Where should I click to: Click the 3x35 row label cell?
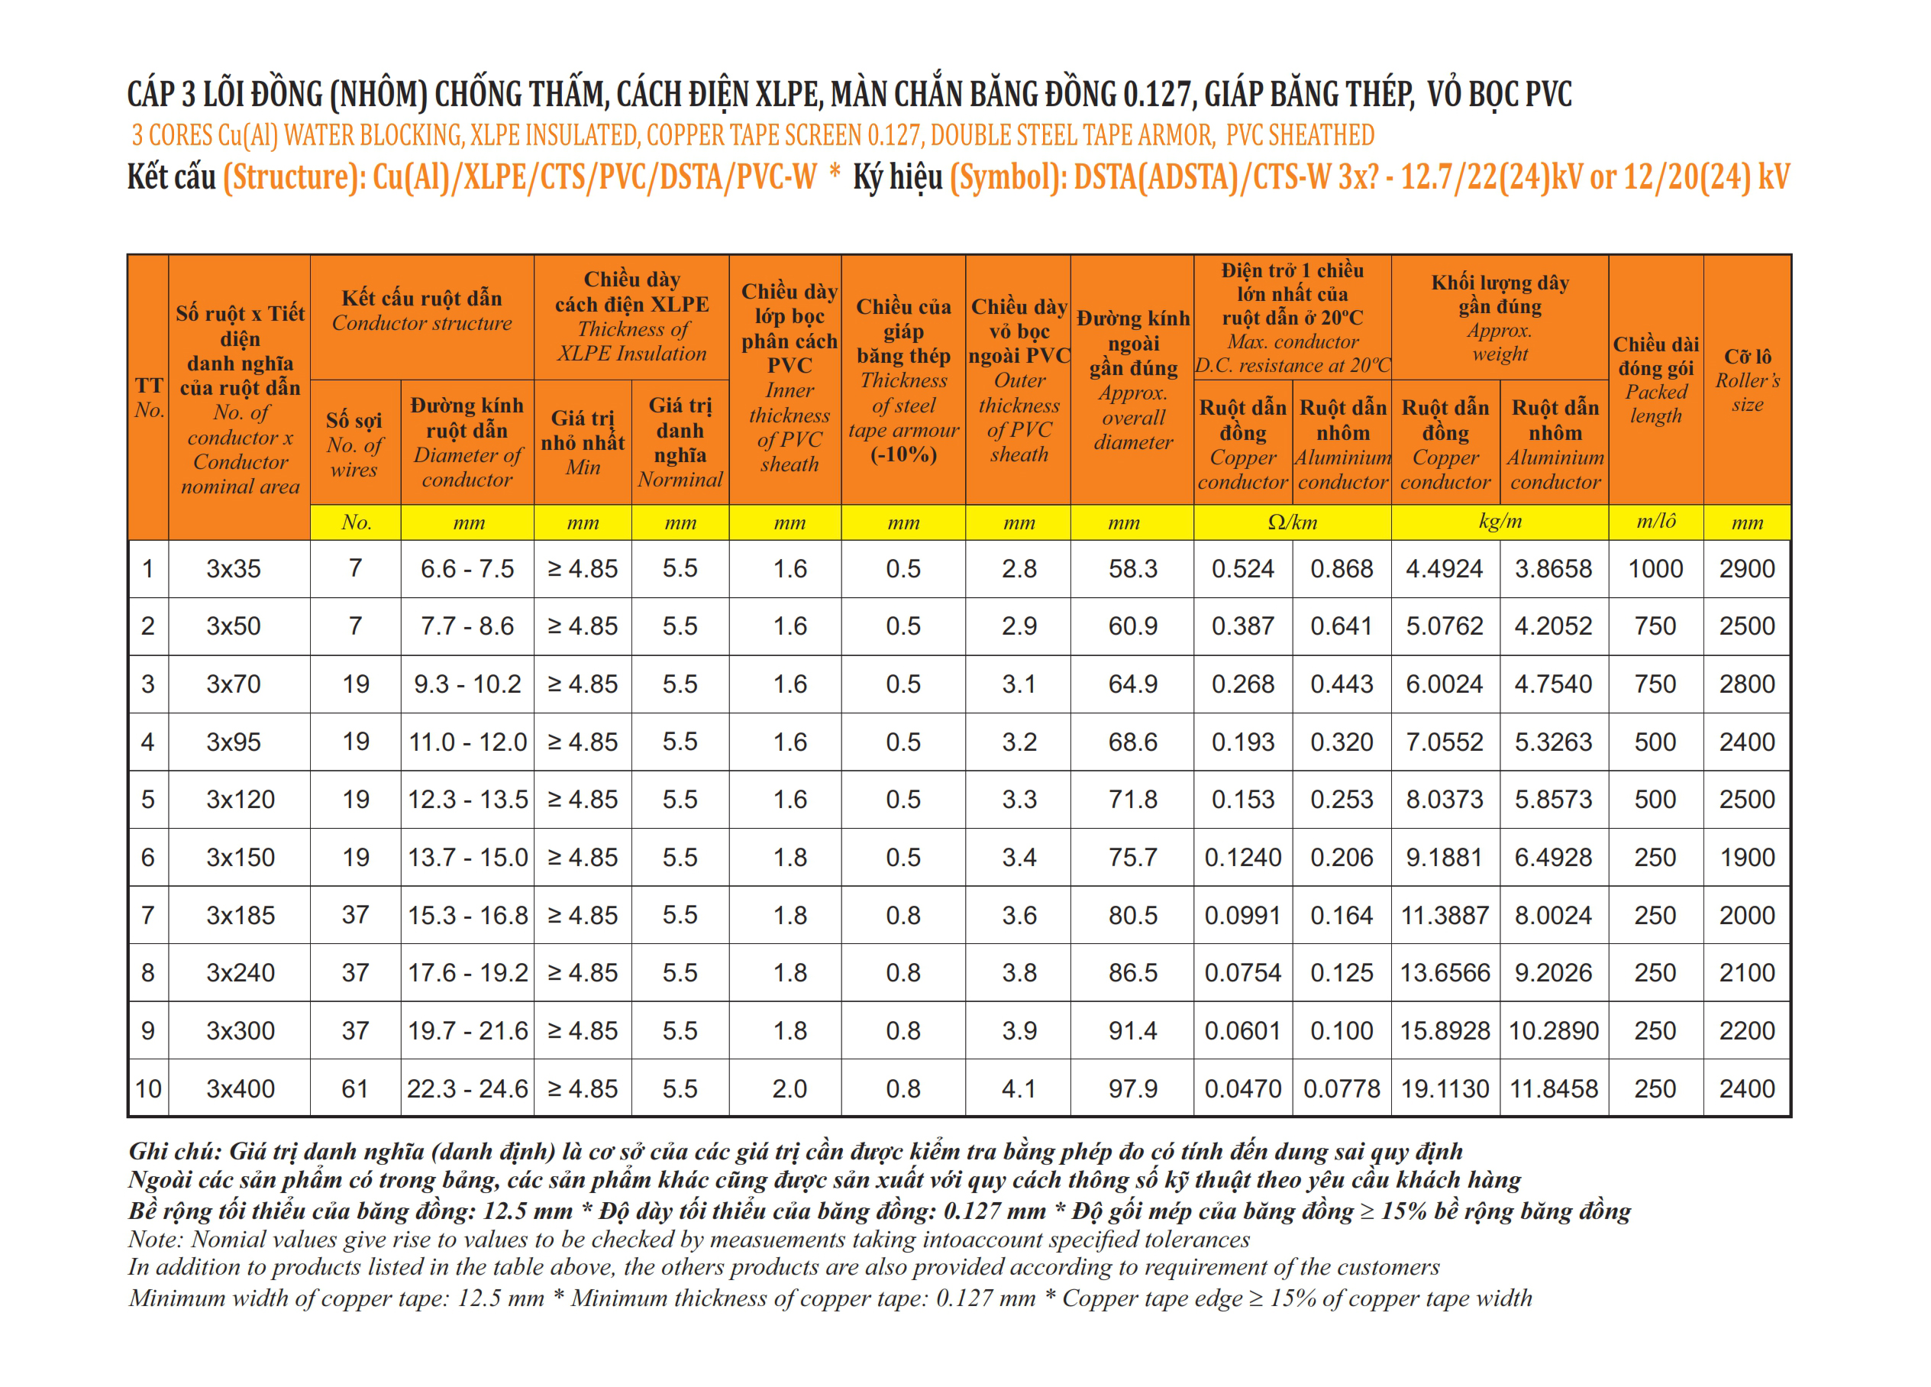234,569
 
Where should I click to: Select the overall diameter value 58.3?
1132,569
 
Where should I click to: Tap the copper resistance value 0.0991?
1242,915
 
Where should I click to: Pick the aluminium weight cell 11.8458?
1554,1089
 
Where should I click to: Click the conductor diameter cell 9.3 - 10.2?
467,684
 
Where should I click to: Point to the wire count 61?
355,1089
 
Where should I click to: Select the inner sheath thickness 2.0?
790,1089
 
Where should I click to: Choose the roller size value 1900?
1747,858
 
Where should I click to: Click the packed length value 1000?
1655,569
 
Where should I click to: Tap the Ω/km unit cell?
1292,522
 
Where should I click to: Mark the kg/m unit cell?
1500,522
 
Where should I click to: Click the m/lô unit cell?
1655,522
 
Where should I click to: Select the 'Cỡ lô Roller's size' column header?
1747,380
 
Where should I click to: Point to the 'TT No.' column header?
148,398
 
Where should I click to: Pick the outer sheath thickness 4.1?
1019,1089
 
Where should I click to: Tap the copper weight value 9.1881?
1444,858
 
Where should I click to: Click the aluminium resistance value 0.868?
1341,569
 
